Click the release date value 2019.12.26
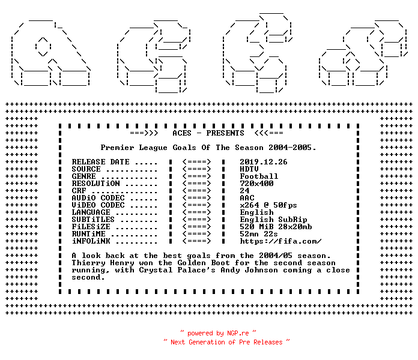pyautogui.click(x=264, y=162)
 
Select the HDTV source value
pyautogui.click(x=249, y=169)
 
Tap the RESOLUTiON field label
pyautogui.click(x=95, y=184)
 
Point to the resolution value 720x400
pyautogui.click(x=256, y=184)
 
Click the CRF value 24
pyautogui.click(x=244, y=191)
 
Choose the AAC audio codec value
pyautogui.click(x=247, y=198)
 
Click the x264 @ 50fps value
pyautogui.click(x=268, y=205)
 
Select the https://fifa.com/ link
pyautogui.click(x=280, y=241)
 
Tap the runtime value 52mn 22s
pyautogui.click(x=259, y=234)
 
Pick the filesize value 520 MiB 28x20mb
pyautogui.click(x=276, y=227)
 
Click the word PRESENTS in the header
pyautogui.click(x=225, y=133)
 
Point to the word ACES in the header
pyautogui.click(x=182, y=133)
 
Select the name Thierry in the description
pyautogui.click(x=88, y=263)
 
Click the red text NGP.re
pyautogui.click(x=238, y=333)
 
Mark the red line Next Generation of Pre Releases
pyautogui.click(x=226, y=342)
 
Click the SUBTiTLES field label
pyautogui.click(x=93, y=220)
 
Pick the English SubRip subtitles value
pyautogui.click(x=273, y=220)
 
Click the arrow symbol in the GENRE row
pyautogui.click(x=197, y=176)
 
